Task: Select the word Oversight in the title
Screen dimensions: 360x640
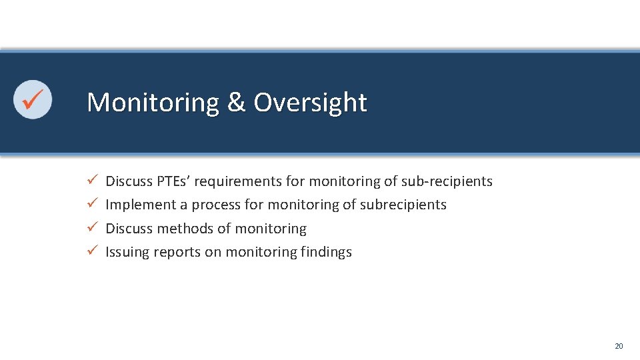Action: (x=310, y=103)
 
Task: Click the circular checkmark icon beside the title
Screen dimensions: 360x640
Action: (x=33, y=99)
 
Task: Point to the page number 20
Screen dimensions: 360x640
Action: (x=618, y=346)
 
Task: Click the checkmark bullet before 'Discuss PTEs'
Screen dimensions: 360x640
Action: (x=93, y=181)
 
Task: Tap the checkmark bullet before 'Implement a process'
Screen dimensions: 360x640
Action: (x=93, y=204)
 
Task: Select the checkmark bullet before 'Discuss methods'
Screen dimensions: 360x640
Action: (x=93, y=228)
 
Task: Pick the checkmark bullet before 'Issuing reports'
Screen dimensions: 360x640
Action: (x=93, y=251)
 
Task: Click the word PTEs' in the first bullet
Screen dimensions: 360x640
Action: (x=173, y=181)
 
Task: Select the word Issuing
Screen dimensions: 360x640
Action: (x=127, y=252)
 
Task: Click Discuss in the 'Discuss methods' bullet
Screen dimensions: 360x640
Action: (x=129, y=229)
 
